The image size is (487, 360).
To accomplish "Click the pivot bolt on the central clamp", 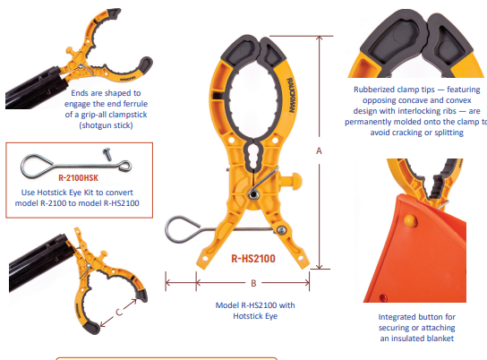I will pos(256,194).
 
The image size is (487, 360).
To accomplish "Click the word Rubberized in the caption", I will pos(375,90).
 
